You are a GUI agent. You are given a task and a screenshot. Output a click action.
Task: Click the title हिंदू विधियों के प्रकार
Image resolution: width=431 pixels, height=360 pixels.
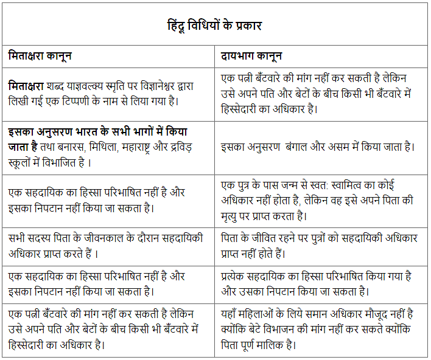tap(214, 26)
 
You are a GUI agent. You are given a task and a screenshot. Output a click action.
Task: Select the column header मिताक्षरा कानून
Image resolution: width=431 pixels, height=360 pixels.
tap(40, 55)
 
